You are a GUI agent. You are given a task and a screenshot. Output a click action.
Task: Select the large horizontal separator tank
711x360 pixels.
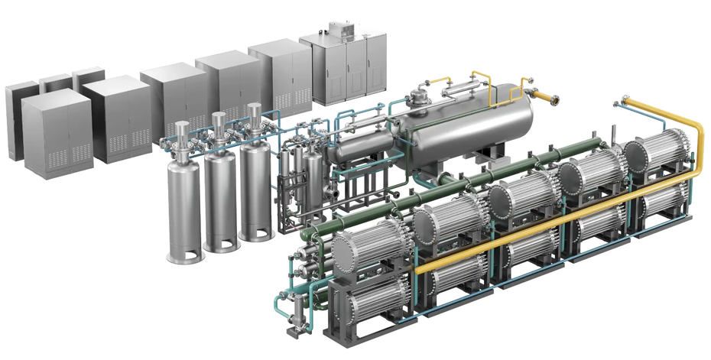tap(466, 126)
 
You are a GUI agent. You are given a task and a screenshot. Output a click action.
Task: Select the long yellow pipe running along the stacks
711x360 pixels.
tap(558, 222)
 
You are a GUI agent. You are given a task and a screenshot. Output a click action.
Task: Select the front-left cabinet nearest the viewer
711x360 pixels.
tap(57, 134)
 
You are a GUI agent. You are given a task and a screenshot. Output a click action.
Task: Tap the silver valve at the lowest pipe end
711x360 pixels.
tap(292, 332)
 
